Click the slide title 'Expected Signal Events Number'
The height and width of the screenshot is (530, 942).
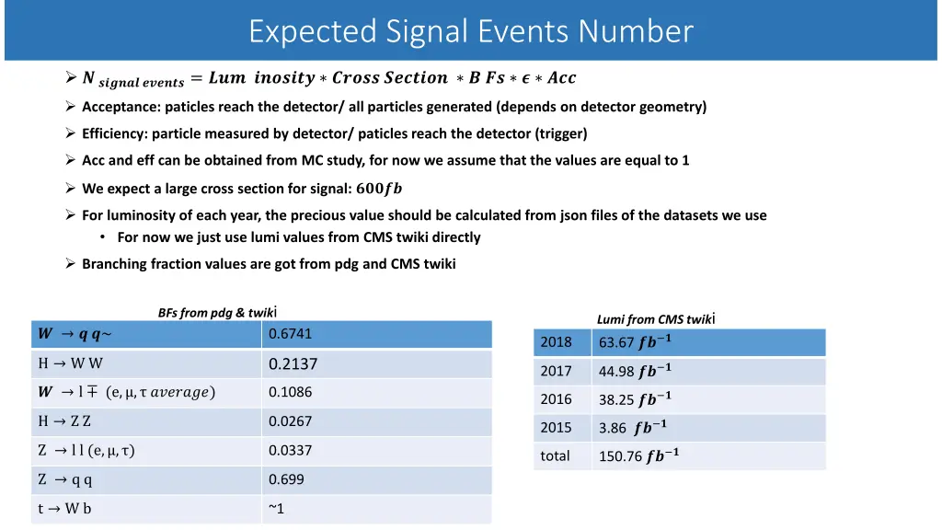point(471,31)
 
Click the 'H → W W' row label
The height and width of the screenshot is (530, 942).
point(71,363)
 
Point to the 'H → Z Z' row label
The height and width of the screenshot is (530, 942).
point(64,421)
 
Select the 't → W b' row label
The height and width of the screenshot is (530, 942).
point(64,508)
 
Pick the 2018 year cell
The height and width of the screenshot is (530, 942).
point(556,342)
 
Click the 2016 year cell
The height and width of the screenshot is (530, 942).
point(556,399)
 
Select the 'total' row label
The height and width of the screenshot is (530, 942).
point(555,455)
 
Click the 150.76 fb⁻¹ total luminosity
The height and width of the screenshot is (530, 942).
point(638,455)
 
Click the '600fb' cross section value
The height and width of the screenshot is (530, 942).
point(379,189)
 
